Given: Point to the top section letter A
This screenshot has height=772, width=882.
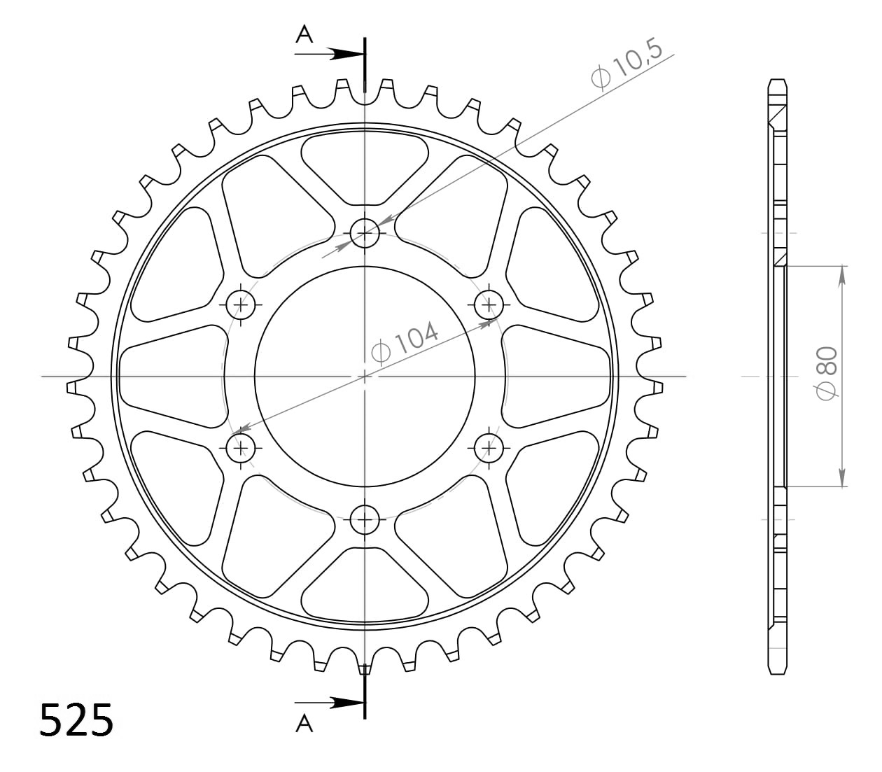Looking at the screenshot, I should point(304,34).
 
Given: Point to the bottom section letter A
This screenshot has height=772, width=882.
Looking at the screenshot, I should point(304,724).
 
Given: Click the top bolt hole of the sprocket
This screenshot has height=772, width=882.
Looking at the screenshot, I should point(365,232).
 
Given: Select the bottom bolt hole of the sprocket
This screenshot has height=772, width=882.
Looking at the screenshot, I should point(365,519).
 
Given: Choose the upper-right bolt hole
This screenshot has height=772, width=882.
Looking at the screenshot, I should point(489,304).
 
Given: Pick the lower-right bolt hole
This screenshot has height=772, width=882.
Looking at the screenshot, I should point(489,447).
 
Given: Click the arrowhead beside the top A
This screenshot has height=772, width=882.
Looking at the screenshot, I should point(348,53).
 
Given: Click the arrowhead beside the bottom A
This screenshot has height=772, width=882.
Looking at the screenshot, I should point(348,702).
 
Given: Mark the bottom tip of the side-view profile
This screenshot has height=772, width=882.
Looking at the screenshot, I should point(778,672).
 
